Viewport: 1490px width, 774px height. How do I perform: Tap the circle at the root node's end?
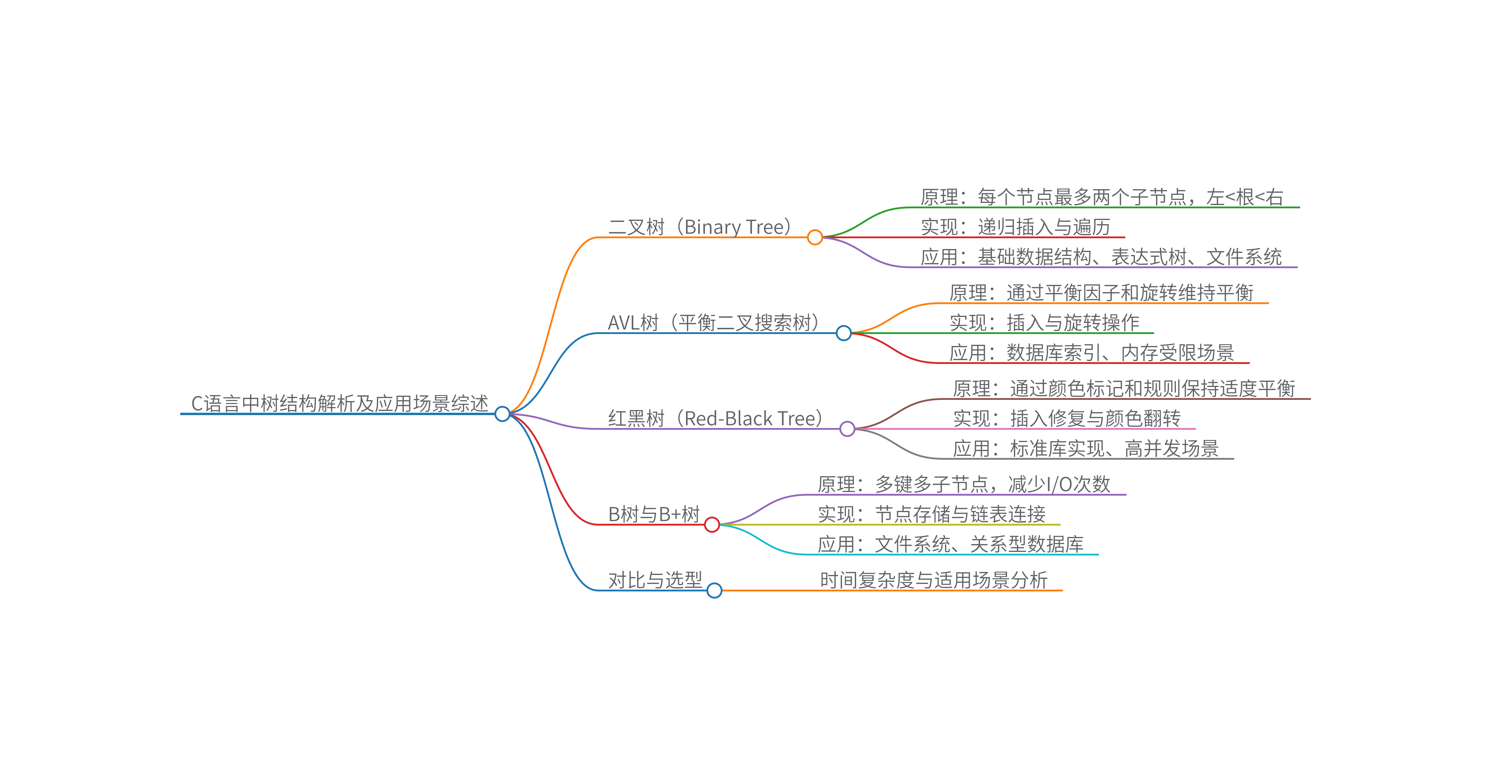[x=502, y=414]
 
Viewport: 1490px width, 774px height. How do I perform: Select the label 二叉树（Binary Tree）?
[x=700, y=227]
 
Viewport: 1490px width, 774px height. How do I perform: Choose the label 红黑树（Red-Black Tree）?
[x=715, y=418]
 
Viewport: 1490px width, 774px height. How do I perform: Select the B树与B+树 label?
[x=654, y=514]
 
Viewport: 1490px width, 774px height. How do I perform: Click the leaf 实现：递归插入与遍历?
[x=1015, y=227]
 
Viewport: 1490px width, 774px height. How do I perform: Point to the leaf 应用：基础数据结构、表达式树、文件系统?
[x=1101, y=257]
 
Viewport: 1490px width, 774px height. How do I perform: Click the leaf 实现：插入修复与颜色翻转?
[x=1067, y=418]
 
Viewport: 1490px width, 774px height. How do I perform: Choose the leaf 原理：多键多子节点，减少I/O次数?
[x=964, y=484]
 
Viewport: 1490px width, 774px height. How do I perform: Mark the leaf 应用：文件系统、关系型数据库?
[x=950, y=544]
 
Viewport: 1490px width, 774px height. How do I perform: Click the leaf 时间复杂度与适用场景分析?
[x=934, y=580]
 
